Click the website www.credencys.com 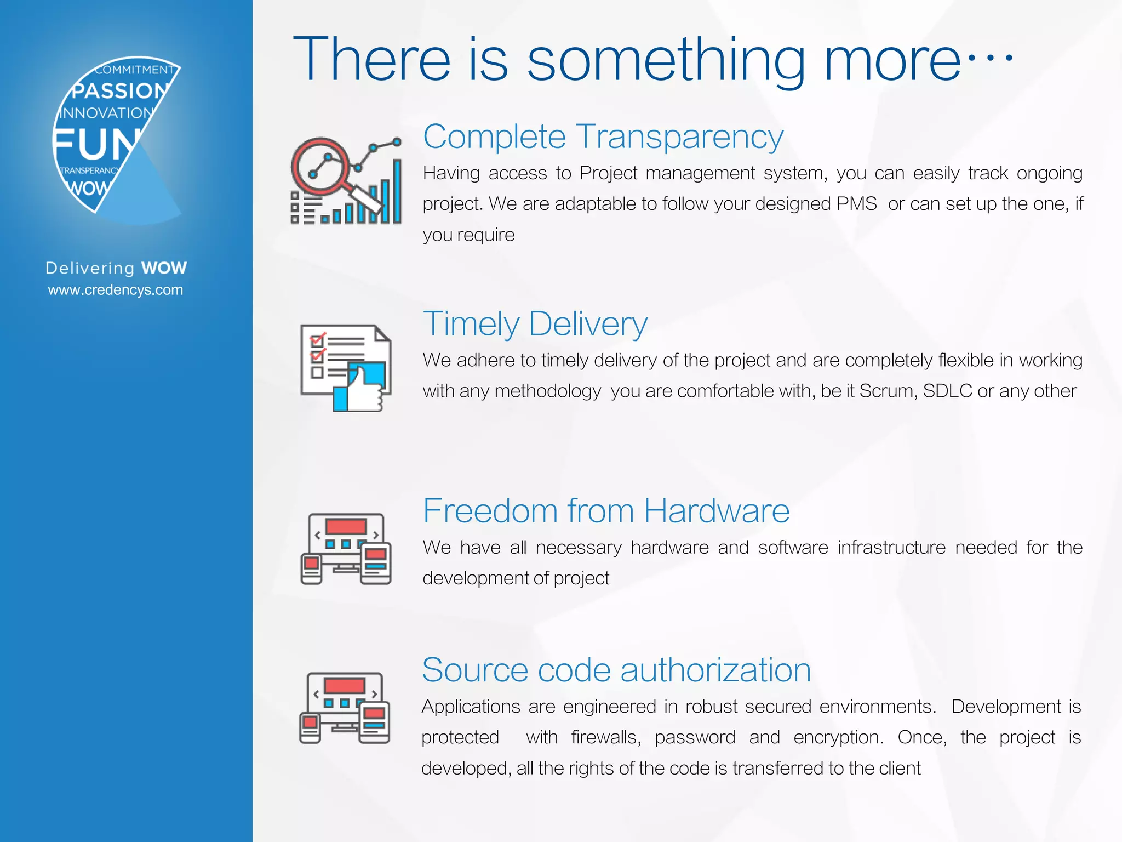pos(116,290)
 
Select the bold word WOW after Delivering pos(164,268)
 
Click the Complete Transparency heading pos(603,136)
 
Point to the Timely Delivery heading pos(535,323)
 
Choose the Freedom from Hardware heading pos(606,511)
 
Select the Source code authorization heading pos(616,670)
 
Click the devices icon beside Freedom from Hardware pos(346,549)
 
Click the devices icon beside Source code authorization pos(345,708)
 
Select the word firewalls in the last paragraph pos(606,737)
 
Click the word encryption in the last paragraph pos(838,737)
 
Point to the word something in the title pos(666,60)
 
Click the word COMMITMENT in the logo pos(134,70)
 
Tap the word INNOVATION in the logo pos(107,113)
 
